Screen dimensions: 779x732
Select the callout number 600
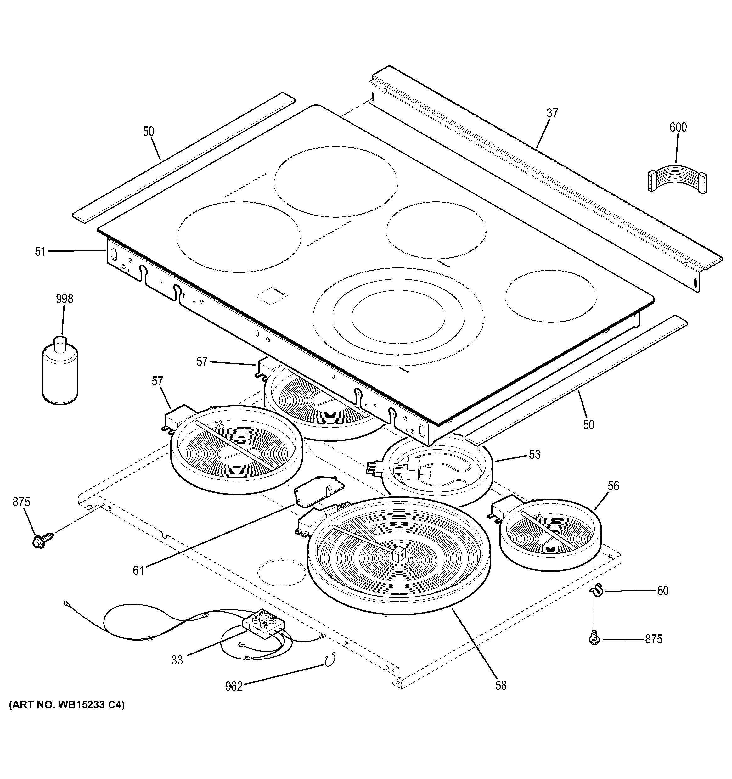point(678,127)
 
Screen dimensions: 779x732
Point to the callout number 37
point(552,113)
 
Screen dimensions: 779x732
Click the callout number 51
point(40,252)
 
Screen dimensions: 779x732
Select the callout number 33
point(177,660)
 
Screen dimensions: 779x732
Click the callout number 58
point(501,685)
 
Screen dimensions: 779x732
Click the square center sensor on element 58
point(398,554)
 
